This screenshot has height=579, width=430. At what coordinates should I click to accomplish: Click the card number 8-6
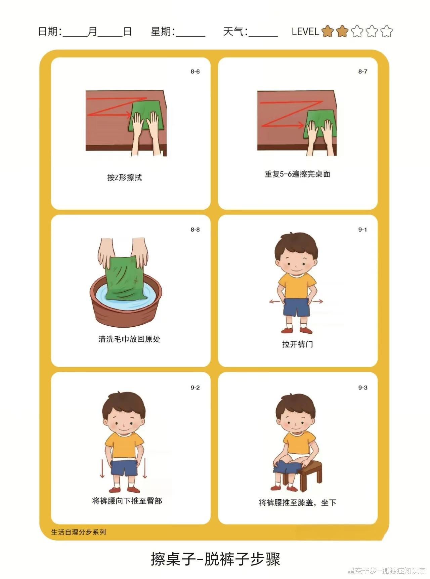pos(195,72)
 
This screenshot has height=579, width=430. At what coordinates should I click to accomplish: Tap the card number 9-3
pos(363,388)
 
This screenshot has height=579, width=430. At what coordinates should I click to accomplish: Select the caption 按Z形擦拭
pos(125,177)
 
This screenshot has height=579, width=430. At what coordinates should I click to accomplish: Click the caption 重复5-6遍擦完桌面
pos(297,174)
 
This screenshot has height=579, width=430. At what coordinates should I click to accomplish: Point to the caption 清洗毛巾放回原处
pos(129,339)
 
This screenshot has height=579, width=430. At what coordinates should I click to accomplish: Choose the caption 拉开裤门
pos(298,344)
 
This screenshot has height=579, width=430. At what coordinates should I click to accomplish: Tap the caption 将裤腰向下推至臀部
pos(127,501)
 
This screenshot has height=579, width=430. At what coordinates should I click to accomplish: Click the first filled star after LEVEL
pos(328,32)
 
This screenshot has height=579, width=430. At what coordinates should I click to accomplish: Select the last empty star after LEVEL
pos(387,32)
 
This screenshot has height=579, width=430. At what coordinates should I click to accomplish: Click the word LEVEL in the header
pos(305,32)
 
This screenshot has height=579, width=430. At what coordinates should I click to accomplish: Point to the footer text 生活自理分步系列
pos(79,532)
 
